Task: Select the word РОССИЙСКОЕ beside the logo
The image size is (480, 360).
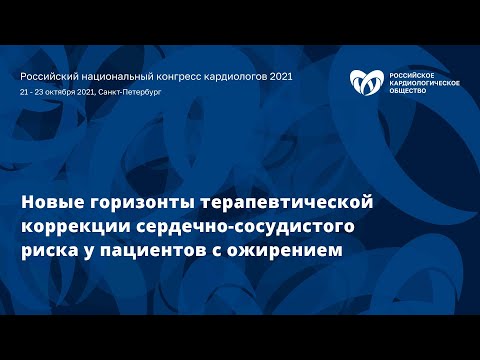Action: click(410, 74)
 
